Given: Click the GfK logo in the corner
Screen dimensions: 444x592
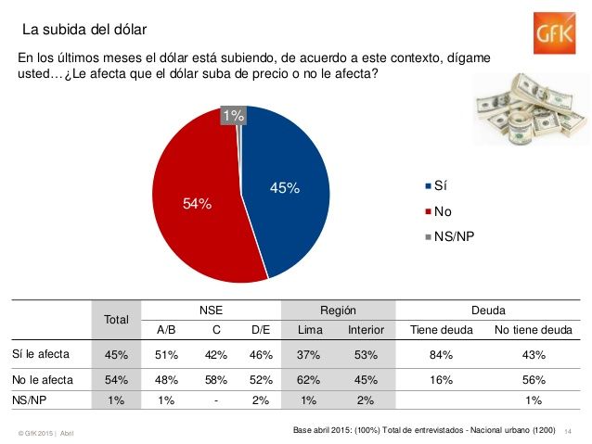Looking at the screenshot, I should [555, 36].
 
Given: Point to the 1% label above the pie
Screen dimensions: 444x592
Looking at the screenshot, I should [233, 116].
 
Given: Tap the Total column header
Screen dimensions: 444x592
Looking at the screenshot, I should [117, 320].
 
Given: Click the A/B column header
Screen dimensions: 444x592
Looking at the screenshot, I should [167, 329].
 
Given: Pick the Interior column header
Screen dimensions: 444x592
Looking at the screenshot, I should [366, 329].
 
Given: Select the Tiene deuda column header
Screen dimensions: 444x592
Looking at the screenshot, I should [441, 329].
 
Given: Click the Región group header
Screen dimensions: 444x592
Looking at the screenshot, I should [338, 311].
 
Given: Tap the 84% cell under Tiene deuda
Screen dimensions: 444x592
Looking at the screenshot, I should [441, 354].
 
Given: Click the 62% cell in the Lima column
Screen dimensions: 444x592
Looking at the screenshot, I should [310, 378].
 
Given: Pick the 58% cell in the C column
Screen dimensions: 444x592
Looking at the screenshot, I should [215, 378].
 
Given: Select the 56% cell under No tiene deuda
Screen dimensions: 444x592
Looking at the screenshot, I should [533, 378].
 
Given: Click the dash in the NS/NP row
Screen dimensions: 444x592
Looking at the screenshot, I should [215, 400].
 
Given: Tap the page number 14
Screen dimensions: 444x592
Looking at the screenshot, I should [567, 432].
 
